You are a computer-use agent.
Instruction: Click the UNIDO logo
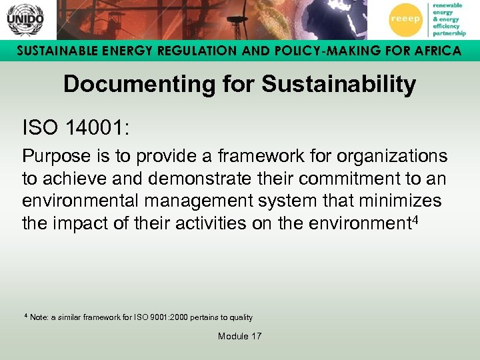(x=25, y=19)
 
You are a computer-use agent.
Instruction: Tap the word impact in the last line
(x=77, y=223)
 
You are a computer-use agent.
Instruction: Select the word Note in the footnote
(x=39, y=318)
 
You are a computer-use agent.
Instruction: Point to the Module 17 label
(x=239, y=336)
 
